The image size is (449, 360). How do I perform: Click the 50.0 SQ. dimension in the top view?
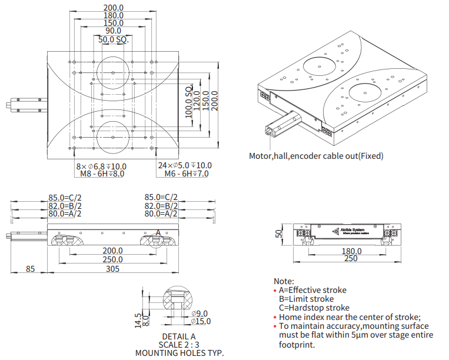(113, 40)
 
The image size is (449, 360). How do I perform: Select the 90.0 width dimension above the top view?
(113, 31)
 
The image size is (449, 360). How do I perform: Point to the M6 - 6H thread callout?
(187, 174)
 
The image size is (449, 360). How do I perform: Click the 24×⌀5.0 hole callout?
(184, 165)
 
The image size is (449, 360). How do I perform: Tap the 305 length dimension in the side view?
(112, 268)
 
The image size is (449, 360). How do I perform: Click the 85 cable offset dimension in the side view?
(31, 268)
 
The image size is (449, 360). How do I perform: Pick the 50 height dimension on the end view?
(279, 234)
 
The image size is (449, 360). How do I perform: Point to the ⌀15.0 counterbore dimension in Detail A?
(201, 321)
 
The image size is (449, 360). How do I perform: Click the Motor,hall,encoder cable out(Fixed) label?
(316, 156)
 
